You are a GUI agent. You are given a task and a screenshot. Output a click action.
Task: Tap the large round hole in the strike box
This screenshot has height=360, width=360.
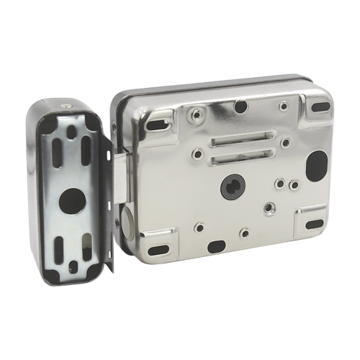tap(73, 198)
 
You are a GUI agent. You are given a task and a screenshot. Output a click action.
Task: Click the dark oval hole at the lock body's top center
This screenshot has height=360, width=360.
tap(240, 107)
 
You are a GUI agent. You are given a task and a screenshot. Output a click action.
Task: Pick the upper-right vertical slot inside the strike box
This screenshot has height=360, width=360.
tap(86, 143)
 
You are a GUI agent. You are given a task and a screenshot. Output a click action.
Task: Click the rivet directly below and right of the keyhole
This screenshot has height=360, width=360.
tap(269, 207)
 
